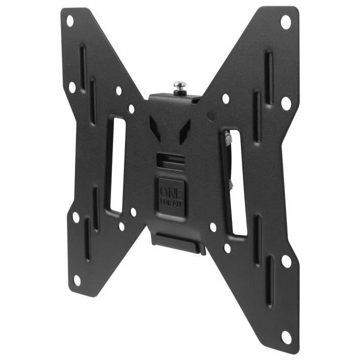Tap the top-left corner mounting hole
(69, 20)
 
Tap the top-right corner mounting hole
(285, 21)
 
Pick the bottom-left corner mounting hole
(77, 279)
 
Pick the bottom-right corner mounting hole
(286, 336)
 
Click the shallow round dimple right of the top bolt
(210, 115)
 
